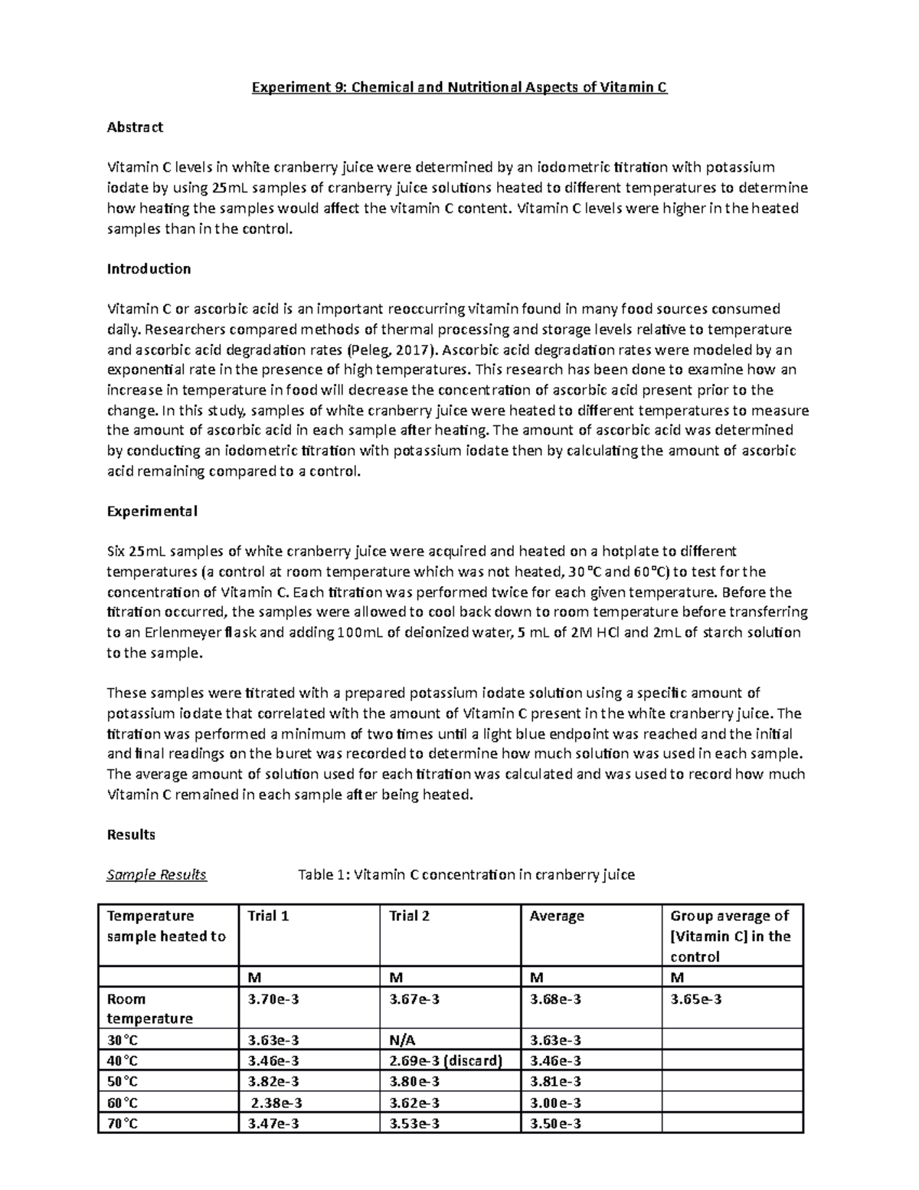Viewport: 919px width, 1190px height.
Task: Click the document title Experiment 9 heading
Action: pos(459,87)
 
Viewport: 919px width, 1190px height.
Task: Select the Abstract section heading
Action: pos(135,127)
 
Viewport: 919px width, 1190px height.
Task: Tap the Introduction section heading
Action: pos(149,269)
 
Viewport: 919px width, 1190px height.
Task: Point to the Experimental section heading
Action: pos(152,511)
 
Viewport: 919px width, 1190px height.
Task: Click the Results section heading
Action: pos(131,834)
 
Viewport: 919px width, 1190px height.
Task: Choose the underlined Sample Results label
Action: pos(156,874)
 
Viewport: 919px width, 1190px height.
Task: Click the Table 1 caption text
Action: pos(466,874)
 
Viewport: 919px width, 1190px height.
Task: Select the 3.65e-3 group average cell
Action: pos(695,999)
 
